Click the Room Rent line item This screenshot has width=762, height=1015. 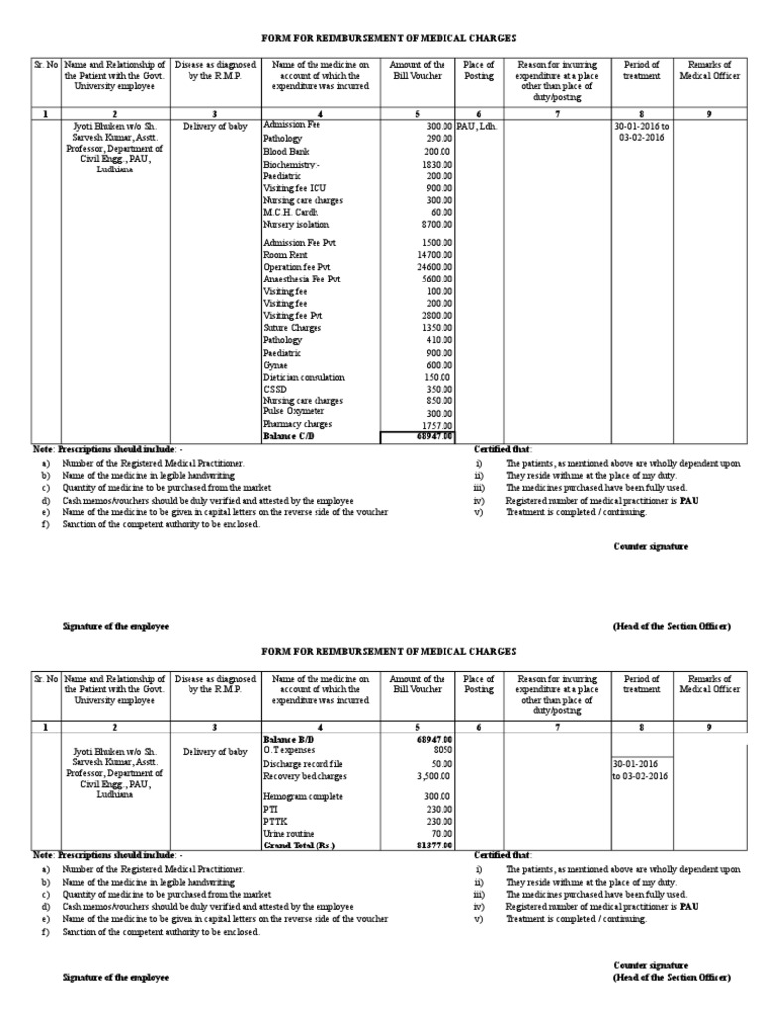click(x=285, y=255)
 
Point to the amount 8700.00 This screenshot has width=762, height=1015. click(x=436, y=225)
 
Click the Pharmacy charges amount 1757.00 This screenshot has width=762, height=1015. click(x=436, y=424)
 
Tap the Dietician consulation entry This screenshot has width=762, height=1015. click(x=304, y=377)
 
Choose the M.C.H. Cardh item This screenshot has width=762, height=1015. click(x=290, y=212)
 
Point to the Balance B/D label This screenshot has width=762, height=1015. click(x=290, y=739)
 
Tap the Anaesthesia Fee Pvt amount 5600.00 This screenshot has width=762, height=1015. click(x=435, y=280)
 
